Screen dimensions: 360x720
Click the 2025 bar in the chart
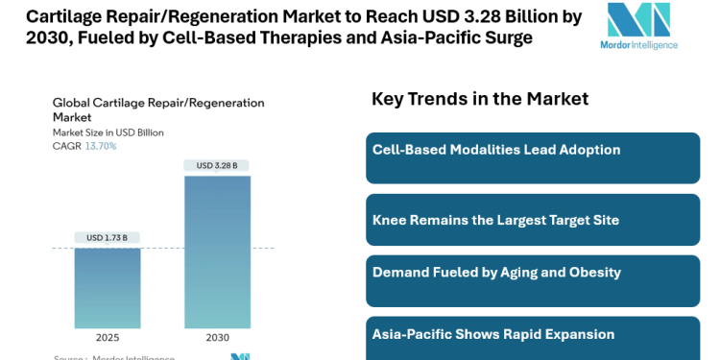click(108, 288)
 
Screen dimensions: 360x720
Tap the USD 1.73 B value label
click(108, 238)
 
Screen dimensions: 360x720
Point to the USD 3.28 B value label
click(217, 165)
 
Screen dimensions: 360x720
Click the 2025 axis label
click(108, 338)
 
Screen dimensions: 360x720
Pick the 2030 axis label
click(217, 338)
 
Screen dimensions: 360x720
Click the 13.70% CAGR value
click(101, 146)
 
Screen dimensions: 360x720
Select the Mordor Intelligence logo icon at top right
click(638, 20)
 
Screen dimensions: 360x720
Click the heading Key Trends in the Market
click(480, 98)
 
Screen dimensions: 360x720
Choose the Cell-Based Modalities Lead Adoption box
click(533, 157)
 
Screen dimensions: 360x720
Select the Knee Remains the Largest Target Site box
click(533, 220)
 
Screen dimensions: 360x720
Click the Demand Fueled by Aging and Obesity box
click(533, 280)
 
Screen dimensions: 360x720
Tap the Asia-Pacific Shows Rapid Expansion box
click(533, 337)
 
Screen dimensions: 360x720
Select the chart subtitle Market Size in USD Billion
click(108, 132)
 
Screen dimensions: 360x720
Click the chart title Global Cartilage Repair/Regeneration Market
click(158, 109)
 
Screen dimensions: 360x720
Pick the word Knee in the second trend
click(389, 220)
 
